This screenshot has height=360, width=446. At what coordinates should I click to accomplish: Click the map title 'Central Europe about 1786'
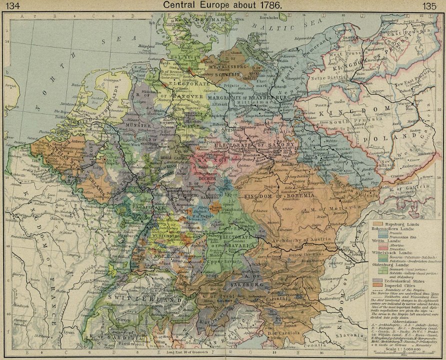coord(223,5)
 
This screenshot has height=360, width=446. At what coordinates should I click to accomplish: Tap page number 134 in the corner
coord(11,6)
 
